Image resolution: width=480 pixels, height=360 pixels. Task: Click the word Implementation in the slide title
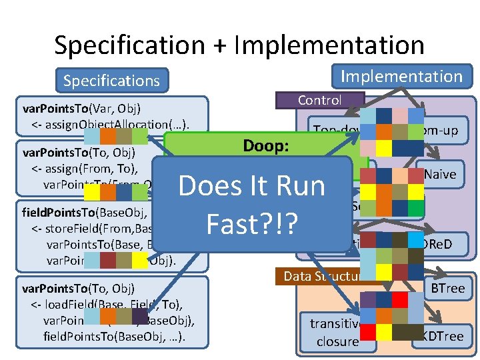point(330,45)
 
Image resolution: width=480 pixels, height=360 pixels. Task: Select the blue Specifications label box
point(111,81)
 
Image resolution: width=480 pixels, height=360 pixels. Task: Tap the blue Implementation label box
point(401,76)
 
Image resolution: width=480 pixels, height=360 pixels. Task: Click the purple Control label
point(320,100)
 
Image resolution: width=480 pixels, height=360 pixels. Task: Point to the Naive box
point(441,174)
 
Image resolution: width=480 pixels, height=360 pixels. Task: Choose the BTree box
point(447,288)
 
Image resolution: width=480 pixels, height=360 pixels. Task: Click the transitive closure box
point(335,333)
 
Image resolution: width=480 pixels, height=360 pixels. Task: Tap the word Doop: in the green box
point(265,145)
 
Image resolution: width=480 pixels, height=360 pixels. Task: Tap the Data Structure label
point(323,275)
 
